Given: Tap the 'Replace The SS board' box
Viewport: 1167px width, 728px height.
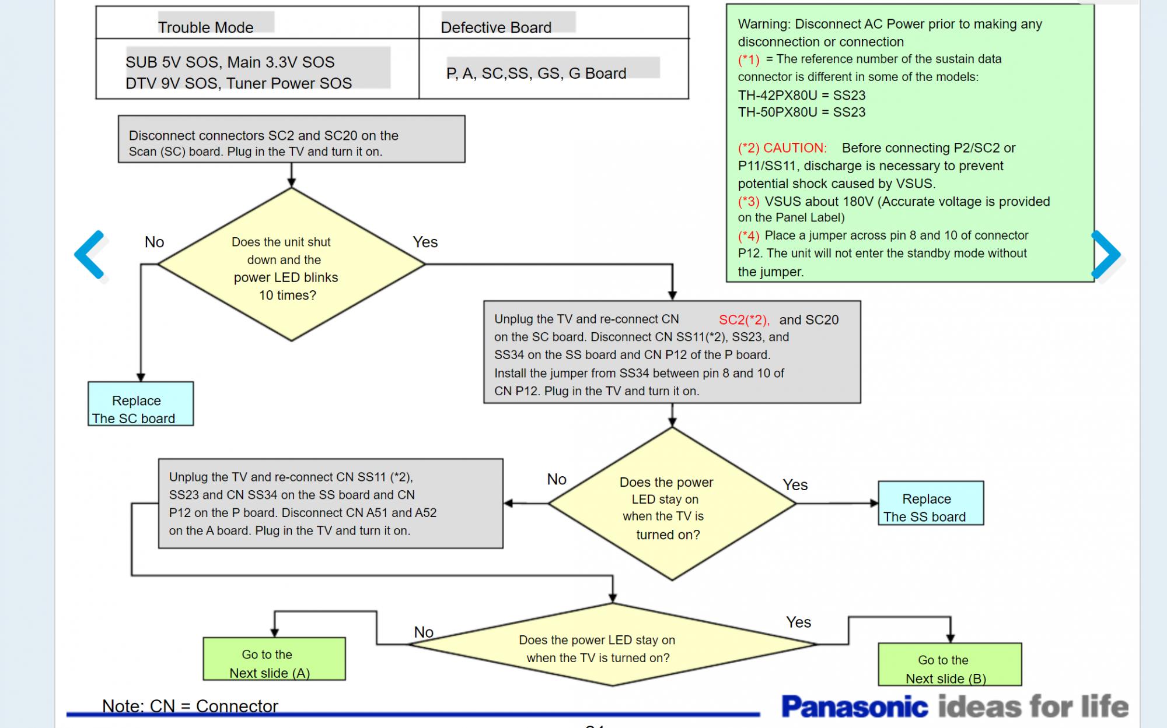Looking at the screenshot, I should [930, 503].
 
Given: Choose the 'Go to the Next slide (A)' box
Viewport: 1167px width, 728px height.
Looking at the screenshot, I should [274, 659].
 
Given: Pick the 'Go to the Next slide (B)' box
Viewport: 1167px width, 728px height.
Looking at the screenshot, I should [949, 664].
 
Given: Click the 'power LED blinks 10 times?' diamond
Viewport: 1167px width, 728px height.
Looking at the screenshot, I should [291, 265].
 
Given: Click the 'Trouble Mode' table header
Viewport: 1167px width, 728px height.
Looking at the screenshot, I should [205, 27].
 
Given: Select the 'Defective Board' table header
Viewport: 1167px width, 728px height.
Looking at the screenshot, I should [495, 27].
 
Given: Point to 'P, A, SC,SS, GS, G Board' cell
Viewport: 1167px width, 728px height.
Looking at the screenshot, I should [536, 73].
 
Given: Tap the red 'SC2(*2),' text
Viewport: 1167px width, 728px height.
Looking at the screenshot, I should [744, 320].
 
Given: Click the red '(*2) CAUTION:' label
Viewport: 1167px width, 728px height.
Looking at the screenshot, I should [782, 148].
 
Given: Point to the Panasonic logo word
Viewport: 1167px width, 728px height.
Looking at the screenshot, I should [854, 706].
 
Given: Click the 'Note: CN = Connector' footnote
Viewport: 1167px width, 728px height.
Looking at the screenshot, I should [190, 706].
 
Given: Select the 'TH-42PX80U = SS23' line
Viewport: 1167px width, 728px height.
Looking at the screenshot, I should [801, 96].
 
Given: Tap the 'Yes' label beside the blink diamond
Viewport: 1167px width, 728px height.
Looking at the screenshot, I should [425, 242].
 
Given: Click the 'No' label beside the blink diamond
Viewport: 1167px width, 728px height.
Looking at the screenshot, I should [154, 242].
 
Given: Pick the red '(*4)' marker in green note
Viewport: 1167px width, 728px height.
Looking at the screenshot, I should [748, 236].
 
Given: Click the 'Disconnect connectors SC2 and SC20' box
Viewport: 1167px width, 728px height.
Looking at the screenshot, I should [291, 139].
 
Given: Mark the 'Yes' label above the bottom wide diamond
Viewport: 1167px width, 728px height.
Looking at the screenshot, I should [798, 623].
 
